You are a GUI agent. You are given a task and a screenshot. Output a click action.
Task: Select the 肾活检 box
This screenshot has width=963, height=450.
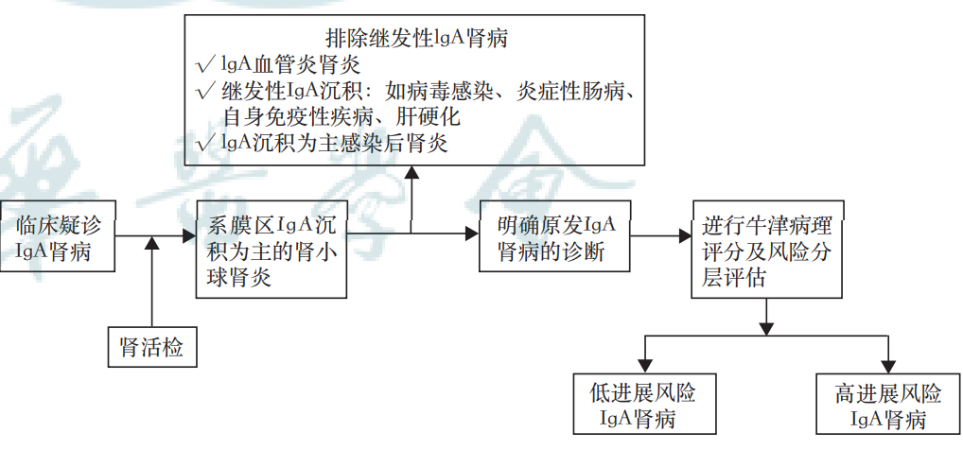coord(151,347)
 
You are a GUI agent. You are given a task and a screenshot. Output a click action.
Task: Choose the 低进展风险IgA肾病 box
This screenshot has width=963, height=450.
coord(640,406)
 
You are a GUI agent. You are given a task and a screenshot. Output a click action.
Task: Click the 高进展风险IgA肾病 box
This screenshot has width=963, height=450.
coord(887,406)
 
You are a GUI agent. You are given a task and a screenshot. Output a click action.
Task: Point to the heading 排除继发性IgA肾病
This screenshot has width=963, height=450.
coord(418,40)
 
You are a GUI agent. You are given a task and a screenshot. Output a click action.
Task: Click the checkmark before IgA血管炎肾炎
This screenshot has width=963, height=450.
coord(202,66)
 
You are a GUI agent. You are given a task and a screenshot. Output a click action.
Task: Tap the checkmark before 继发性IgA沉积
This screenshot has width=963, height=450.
coord(202,93)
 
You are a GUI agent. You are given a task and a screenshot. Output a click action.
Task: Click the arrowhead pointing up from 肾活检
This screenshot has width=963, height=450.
coord(151,245)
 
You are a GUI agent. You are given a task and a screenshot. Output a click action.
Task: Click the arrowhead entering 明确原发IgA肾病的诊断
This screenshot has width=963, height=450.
coord(472,234)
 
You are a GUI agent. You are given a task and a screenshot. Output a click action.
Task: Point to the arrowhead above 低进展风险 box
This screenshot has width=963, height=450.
coord(644,364)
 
